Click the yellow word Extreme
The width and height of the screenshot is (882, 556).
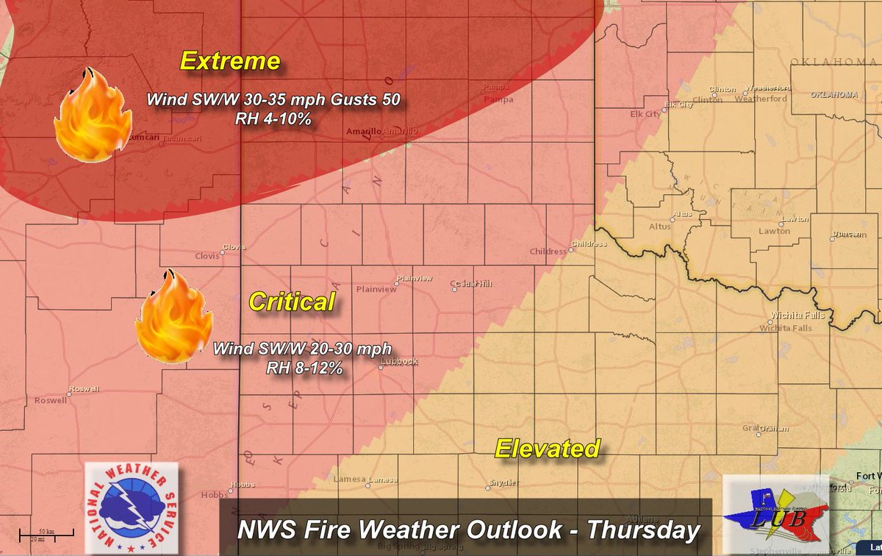230,61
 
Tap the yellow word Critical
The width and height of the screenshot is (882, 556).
292,302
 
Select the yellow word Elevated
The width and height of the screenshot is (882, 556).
547,448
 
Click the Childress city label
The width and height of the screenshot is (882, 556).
549,252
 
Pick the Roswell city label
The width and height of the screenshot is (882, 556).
50,401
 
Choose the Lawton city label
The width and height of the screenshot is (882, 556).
774,231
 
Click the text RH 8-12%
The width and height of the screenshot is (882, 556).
305,368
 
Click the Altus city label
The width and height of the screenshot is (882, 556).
659,227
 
